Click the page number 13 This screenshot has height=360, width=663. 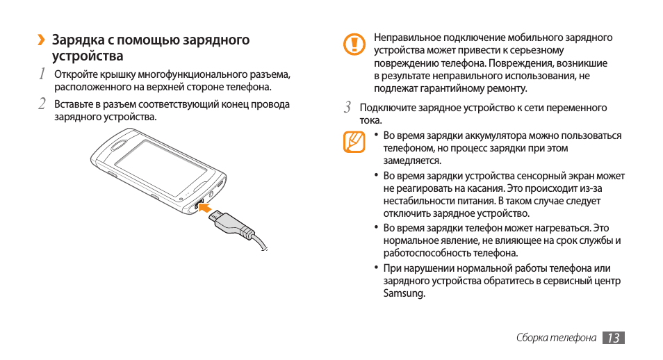613,338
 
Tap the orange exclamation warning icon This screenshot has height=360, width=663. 354,45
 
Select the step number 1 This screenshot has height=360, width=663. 42,74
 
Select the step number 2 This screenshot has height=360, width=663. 42,104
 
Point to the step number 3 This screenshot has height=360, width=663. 349,108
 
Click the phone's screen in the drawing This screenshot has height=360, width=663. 160,164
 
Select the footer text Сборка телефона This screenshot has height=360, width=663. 556,338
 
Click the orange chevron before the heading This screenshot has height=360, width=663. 42,40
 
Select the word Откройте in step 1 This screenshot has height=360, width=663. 77,74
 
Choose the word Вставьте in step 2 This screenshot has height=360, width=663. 75,104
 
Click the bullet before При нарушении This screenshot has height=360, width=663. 375,268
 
